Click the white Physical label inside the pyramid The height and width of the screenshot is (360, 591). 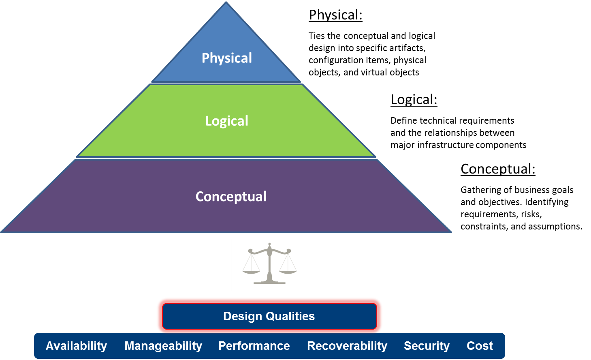pos(227,58)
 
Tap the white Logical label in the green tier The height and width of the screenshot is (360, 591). pos(227,121)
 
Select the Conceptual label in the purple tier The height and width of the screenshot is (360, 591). pos(231,197)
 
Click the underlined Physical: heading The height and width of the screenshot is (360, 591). pos(336,15)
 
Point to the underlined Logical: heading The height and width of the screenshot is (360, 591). pos(414,100)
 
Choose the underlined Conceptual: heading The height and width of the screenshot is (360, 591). pos(498,169)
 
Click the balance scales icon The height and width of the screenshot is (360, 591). pos(269,264)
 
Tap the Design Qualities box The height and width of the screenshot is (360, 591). pos(269,316)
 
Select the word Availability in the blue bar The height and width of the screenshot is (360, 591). pos(76,346)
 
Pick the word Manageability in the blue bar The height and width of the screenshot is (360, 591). pos(163,346)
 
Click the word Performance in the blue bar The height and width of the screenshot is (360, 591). pos(254,346)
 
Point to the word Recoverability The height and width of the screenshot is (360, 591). pos(347,346)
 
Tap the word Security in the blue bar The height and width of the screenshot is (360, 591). pos(427,346)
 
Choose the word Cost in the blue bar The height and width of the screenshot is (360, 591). pos(480,346)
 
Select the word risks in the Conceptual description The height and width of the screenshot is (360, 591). pos(531,214)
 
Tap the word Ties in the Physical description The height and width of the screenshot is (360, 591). pos(316,36)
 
